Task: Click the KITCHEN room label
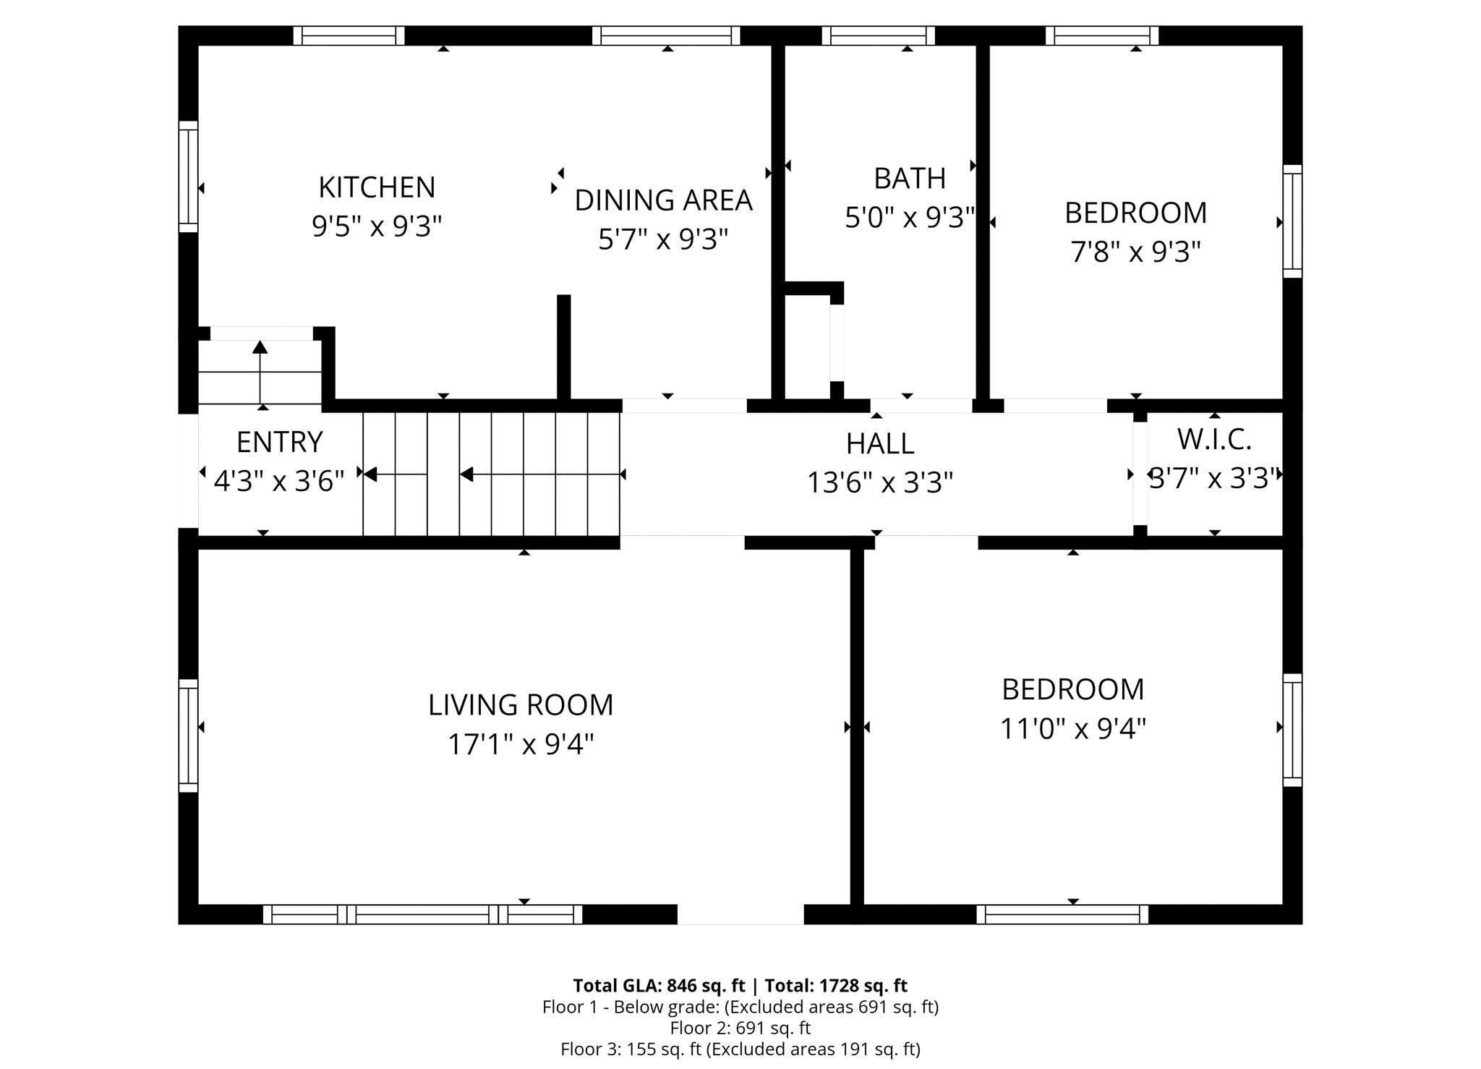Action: pos(377,187)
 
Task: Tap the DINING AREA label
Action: pos(663,200)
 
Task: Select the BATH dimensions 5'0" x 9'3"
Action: pos(910,217)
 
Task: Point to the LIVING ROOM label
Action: pos(521,705)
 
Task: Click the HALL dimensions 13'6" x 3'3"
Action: pos(880,482)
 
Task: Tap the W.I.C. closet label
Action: pos(1214,439)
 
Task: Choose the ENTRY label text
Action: pos(279,442)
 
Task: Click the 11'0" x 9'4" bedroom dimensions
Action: pos(1073,728)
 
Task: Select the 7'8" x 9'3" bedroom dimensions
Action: pos(1135,252)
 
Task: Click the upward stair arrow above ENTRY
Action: pos(260,372)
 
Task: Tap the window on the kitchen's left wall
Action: pos(188,177)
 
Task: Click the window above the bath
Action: pos(879,35)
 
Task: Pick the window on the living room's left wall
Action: pos(188,736)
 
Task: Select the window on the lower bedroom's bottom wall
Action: pos(1062,914)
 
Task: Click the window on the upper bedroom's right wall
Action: pos(1292,221)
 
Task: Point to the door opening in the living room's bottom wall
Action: pos(740,914)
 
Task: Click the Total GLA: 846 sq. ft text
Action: pos(659,986)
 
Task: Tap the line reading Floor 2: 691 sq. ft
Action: pos(740,1028)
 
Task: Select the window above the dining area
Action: pos(666,35)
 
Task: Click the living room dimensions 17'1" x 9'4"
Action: pos(521,744)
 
